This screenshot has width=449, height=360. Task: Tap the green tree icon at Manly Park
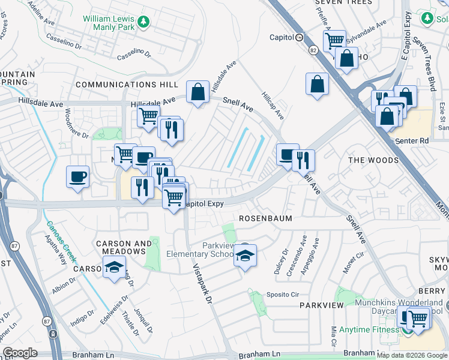pyautogui.click(x=143, y=23)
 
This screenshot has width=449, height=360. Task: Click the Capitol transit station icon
pyautogui.click(x=299, y=37)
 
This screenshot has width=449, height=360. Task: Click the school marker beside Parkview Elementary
pyautogui.click(x=245, y=256)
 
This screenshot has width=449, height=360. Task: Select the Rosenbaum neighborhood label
pyautogui.click(x=265, y=218)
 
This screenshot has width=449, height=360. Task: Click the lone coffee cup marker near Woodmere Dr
pyautogui.click(x=78, y=177)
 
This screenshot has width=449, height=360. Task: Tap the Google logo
pyautogui.click(x=20, y=353)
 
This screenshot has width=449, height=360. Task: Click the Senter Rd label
pyautogui.click(x=414, y=141)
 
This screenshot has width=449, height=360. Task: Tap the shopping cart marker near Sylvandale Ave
pyautogui.click(x=334, y=41)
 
